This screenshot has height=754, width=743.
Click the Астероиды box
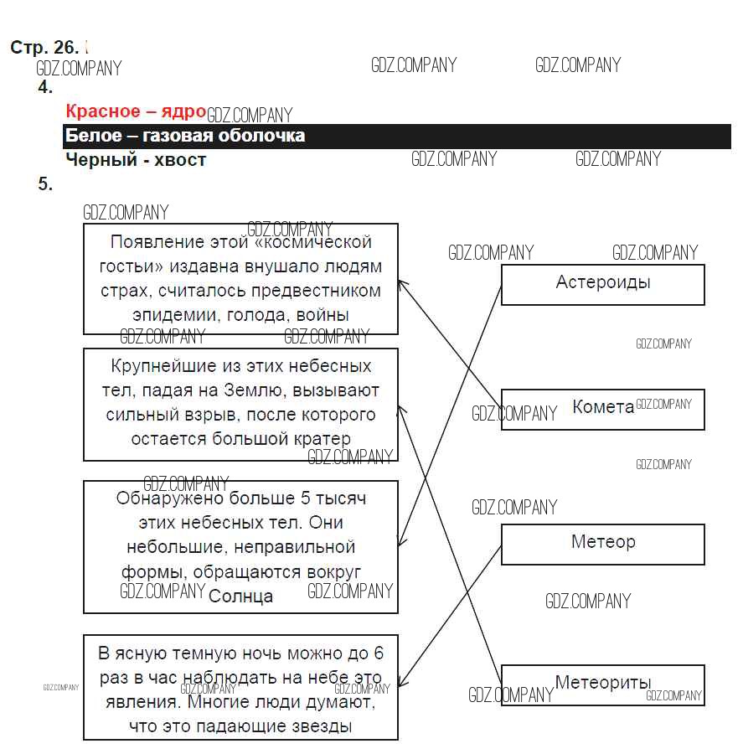coord(602,283)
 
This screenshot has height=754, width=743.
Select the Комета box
coord(602,408)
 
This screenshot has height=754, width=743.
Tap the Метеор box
coord(602,543)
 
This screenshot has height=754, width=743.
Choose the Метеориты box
coord(602,684)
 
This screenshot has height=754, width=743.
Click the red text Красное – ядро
coord(135,111)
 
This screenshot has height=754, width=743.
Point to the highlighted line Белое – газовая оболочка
coord(185,136)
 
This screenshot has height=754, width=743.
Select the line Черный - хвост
coord(135,159)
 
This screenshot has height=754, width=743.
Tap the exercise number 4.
coord(45,87)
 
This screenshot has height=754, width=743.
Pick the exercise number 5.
coord(45,184)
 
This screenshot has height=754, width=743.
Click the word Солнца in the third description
coord(240,596)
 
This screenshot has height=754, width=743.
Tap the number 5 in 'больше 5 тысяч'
coord(305,498)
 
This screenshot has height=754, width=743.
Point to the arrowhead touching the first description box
coord(401,283)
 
